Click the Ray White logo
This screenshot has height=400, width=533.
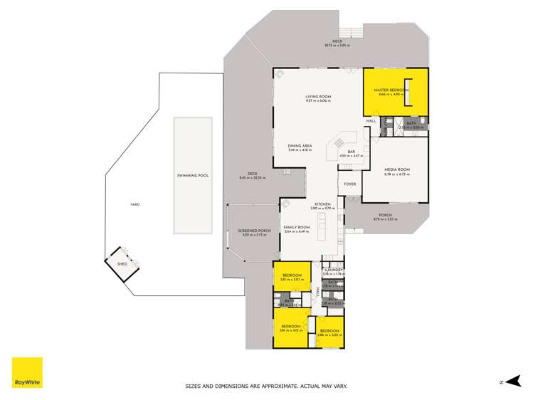pos(27,372)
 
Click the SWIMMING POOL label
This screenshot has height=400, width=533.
pos(192,175)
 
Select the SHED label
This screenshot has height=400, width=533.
pos(121,264)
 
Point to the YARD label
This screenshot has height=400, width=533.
pos(134,204)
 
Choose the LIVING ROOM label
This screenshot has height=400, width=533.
pos(319,97)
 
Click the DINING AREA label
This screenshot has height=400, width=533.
pos(300,146)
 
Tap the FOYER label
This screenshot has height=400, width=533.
pos(349,184)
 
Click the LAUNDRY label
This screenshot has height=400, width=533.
pos(334,270)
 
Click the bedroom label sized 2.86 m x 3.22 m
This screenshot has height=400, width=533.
pos(329,331)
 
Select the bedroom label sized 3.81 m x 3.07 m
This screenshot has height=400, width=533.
pos(292,275)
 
